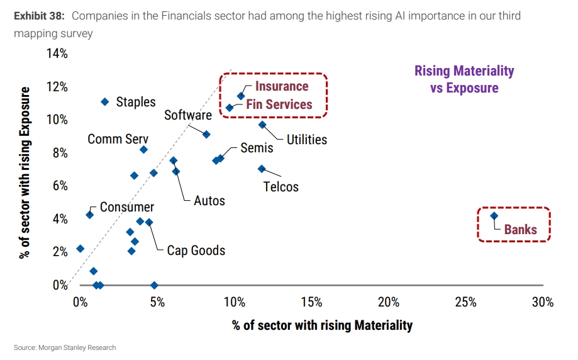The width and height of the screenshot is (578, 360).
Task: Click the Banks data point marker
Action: pyautogui.click(x=494, y=216)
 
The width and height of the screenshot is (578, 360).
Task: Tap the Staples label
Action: pyautogui.click(x=136, y=102)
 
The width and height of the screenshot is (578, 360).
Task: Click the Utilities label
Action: pyautogui.click(x=307, y=140)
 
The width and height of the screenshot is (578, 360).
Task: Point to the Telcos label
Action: pyautogui.click(x=281, y=186)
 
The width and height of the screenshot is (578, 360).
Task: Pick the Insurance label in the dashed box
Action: pyautogui.click(x=281, y=87)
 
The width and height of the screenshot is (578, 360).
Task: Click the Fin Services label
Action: pyautogui.click(x=279, y=104)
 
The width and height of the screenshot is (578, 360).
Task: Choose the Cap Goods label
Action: pyautogui.click(x=196, y=250)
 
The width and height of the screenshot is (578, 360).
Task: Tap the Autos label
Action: pyautogui.click(x=209, y=201)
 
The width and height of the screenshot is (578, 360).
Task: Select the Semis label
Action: pyautogui.click(x=257, y=148)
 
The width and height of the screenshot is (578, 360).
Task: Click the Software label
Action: pyautogui.click(x=187, y=115)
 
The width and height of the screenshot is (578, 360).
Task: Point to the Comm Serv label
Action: pyautogui.click(x=118, y=139)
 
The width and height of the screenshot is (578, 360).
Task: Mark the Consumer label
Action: pyautogui.click(x=126, y=207)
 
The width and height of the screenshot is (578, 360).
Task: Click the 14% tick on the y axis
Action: pyautogui.click(x=57, y=54)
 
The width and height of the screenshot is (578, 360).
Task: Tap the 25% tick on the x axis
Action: pyautogui.click(x=465, y=302)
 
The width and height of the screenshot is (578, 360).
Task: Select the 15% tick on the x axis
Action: pyautogui.click(x=311, y=302)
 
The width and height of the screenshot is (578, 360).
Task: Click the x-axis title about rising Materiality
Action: pyautogui.click(x=322, y=325)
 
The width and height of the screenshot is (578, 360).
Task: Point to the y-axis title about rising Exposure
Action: pyautogui.click(x=25, y=173)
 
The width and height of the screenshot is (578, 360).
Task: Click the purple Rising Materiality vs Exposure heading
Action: pyautogui.click(x=464, y=79)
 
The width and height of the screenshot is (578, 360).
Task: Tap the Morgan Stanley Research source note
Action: pyautogui.click(x=65, y=347)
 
